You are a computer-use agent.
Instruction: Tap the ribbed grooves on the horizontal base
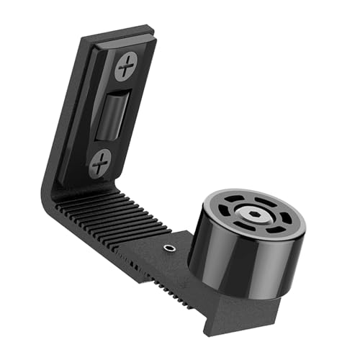tap(108, 212)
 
